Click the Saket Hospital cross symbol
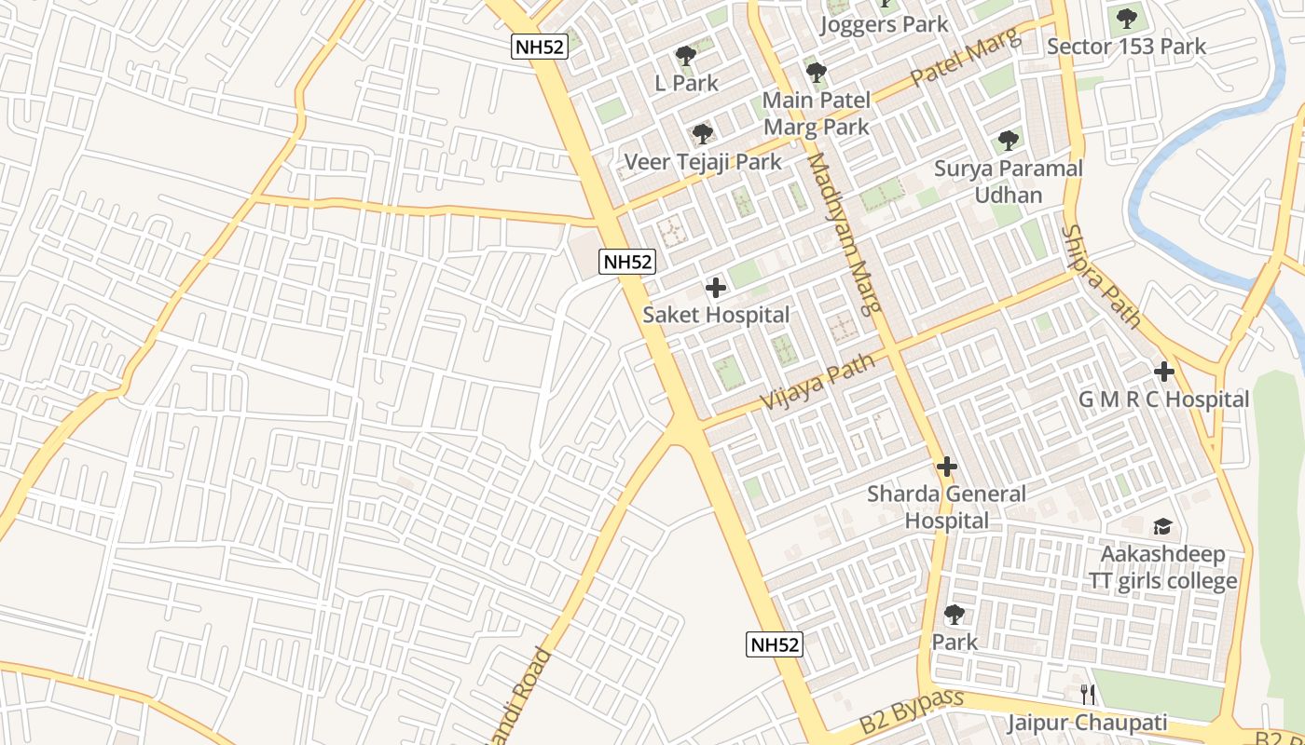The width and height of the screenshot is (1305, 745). coord(716,288)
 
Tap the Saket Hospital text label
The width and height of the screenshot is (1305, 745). coord(716,315)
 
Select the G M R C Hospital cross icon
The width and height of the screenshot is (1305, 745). coord(1163,372)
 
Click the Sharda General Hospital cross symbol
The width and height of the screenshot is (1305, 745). coord(947,467)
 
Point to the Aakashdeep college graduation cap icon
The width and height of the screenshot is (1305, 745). coord(1162,527)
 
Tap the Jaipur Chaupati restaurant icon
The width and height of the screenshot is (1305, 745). coord(1087,694)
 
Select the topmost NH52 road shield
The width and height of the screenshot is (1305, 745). coord(539,47)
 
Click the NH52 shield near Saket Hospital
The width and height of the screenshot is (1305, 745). coord(626,262)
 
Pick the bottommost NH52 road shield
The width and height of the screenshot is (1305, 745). coord(774,644)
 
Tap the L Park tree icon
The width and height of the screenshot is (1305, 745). coord(686,56)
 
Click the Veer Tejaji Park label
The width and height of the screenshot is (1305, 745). coord(703,162)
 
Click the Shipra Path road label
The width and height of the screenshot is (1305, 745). coord(1103,277)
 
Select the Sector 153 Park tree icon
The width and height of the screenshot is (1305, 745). coord(1126,18)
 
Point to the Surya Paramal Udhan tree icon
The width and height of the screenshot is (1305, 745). coord(1008,142)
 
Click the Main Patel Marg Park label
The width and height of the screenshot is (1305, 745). coord(817,113)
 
